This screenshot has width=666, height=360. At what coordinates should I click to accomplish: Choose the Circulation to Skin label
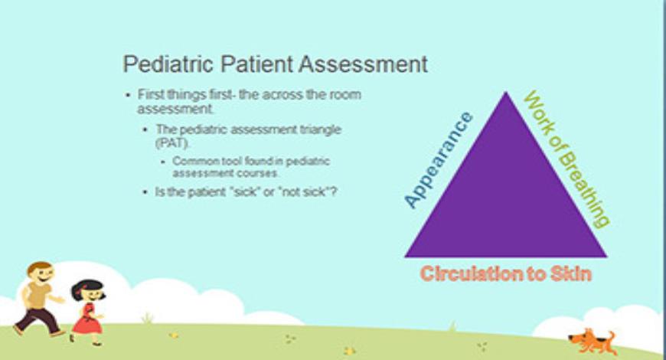(x=506, y=273)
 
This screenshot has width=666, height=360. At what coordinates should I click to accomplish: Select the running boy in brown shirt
(x=38, y=299)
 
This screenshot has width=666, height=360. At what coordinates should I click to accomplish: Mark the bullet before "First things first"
(x=129, y=94)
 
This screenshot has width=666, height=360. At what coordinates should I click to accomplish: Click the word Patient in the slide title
(x=255, y=64)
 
